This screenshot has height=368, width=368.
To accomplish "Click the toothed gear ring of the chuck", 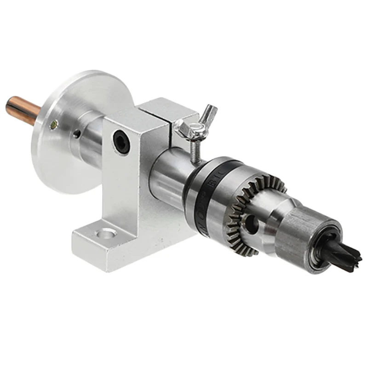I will point(251,202).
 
